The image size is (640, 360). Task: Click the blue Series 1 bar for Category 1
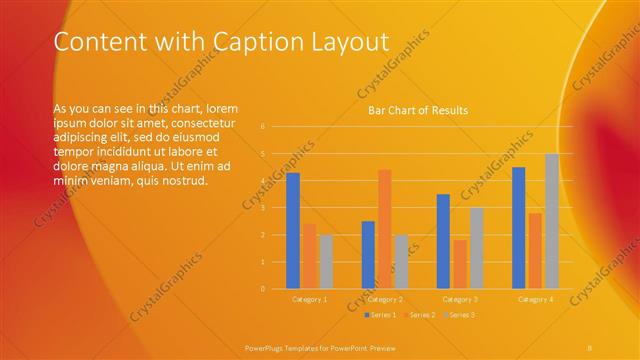[293, 231]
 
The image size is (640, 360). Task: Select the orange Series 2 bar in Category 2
[384, 229]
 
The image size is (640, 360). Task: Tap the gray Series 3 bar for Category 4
[551, 221]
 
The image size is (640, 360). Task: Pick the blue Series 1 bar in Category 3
[443, 241]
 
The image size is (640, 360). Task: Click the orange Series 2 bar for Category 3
[459, 264]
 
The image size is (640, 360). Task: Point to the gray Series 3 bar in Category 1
[326, 262]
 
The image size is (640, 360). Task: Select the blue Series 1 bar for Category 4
[518, 228]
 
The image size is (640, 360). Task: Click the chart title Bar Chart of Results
[418, 110]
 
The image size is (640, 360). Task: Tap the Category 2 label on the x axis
[384, 299]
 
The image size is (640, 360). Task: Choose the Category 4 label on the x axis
[535, 299]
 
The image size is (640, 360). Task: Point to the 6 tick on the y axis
[263, 127]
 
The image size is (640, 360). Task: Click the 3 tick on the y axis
[263, 208]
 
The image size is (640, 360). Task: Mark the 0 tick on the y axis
[263, 289]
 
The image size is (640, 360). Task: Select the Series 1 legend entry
[381, 315]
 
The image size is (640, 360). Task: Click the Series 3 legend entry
[460, 315]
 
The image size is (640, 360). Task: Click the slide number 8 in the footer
[590, 346]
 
